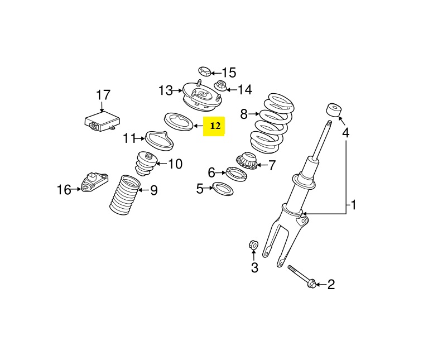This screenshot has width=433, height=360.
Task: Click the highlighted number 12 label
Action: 215,127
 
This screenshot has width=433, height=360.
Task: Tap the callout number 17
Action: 103,95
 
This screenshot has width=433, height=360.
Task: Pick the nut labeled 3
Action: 252,244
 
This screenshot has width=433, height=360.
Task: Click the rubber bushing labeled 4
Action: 334,109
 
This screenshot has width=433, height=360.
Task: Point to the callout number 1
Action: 353,205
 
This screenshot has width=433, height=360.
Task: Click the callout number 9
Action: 153,190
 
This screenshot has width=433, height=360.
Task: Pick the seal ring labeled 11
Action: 159,139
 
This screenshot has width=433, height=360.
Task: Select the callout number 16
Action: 64,190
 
